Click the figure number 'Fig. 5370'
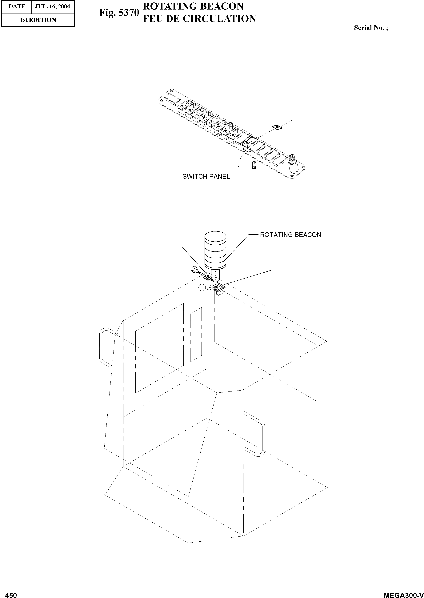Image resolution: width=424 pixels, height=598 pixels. tap(119, 13)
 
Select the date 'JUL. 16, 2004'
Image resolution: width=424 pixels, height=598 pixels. tap(53, 6)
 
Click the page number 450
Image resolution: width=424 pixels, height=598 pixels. tap(11, 593)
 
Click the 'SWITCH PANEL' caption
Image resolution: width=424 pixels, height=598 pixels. tap(206, 177)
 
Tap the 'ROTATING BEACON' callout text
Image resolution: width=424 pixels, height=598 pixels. tap(290, 235)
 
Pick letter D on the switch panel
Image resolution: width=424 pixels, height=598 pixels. tap(209, 114)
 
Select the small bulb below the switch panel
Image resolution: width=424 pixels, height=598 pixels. tap(254, 165)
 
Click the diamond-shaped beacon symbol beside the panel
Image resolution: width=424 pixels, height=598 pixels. tap(277, 127)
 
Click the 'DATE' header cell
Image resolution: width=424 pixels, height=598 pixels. tap(17, 6)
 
